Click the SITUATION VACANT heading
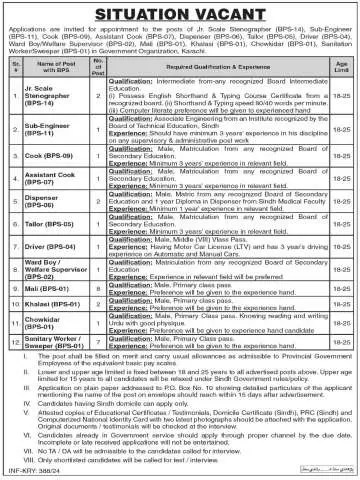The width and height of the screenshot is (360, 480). point(180,12)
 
